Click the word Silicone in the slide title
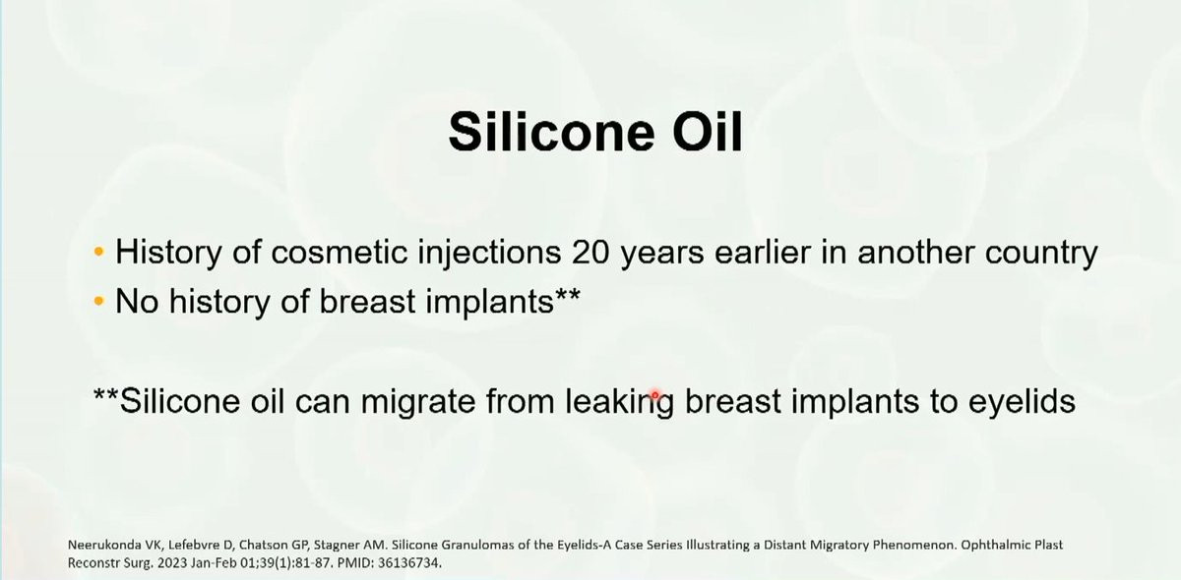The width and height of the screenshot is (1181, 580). (551, 132)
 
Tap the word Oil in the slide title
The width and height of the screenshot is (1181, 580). (708, 132)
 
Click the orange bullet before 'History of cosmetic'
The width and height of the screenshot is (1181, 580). (98, 252)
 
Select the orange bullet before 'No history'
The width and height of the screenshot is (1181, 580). (98, 302)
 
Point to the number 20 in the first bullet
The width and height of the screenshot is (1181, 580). (590, 253)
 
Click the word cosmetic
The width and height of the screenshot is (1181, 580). (339, 253)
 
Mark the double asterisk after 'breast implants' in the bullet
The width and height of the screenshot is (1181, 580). (567, 293)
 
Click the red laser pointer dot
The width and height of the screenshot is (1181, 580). (654, 394)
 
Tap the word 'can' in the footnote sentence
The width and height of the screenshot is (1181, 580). (322, 402)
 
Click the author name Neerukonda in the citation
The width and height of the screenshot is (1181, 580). (105, 545)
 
